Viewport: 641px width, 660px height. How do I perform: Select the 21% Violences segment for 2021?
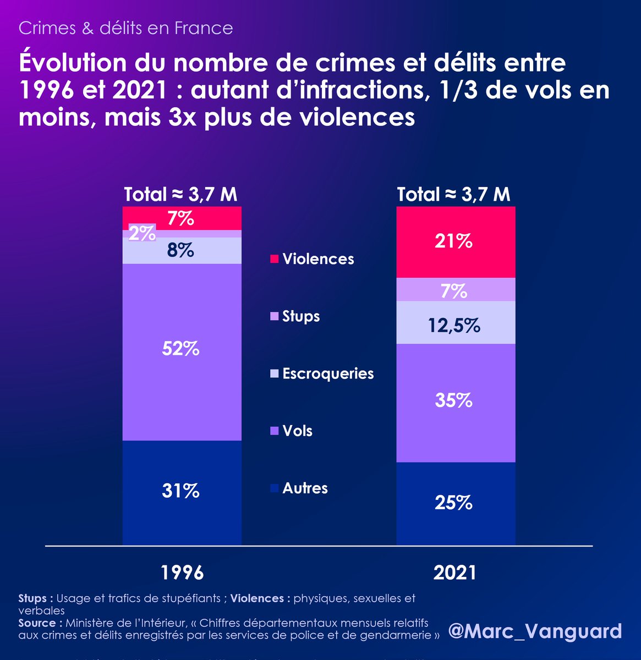point(456,242)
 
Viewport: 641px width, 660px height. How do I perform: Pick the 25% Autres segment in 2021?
point(456,503)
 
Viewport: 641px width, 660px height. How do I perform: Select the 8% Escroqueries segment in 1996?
point(182,251)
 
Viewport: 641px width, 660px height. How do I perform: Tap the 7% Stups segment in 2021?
point(456,290)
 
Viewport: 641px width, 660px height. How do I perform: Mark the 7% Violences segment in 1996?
point(182,218)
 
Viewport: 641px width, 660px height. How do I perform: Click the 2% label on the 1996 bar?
point(143,233)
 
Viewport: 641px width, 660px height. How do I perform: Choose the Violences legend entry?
point(312,259)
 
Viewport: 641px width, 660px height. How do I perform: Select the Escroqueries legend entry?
point(322,374)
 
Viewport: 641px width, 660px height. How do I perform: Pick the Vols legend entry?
point(291,431)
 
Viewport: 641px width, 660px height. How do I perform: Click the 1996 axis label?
point(182,573)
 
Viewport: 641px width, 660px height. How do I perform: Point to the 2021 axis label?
point(455,573)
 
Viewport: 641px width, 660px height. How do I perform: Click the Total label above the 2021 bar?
point(454,194)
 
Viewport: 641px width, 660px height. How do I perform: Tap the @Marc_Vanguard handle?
point(535,631)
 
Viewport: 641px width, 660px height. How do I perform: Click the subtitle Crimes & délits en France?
point(126,28)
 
